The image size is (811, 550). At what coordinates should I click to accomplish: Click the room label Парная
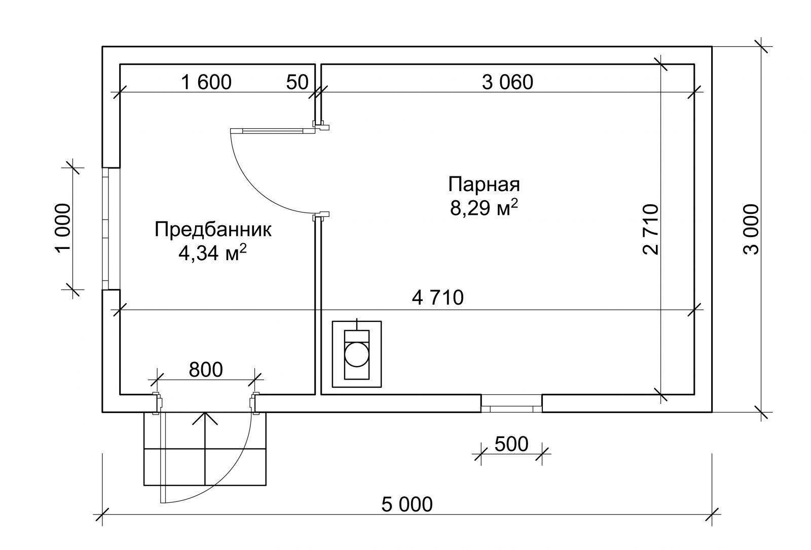484,185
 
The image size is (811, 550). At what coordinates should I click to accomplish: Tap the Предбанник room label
213,230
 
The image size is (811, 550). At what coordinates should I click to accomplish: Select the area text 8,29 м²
484,207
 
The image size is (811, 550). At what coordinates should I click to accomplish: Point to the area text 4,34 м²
212,252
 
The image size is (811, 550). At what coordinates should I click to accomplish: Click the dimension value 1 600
206,82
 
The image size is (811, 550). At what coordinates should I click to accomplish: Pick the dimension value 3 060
507,82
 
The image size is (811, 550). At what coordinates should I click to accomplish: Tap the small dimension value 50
297,82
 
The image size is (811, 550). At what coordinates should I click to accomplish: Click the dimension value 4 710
438,298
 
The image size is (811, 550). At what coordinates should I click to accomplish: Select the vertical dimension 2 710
651,230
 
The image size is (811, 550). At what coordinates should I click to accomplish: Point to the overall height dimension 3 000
751,230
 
